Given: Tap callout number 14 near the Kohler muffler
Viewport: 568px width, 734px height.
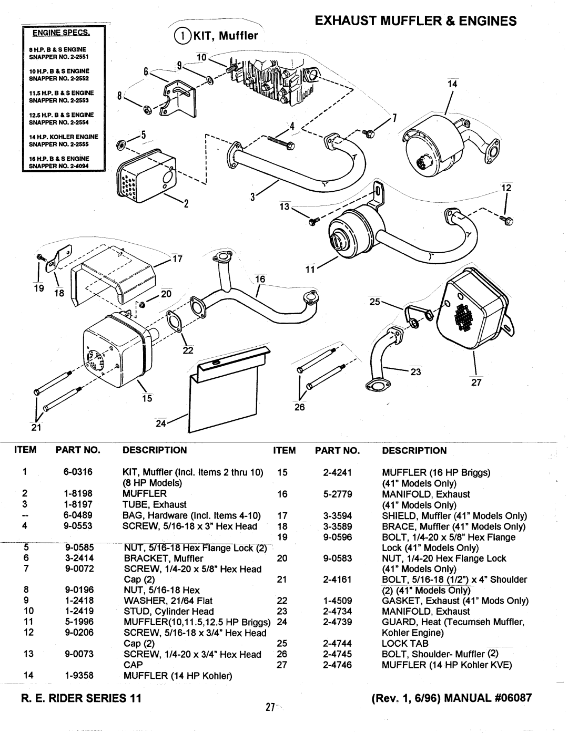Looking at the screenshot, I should click(452, 84).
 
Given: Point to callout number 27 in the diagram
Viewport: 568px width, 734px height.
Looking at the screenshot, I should click(476, 384).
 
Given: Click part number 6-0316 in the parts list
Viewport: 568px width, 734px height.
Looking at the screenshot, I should click(79, 472).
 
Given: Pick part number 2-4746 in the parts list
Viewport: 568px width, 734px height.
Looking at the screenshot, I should click(338, 665).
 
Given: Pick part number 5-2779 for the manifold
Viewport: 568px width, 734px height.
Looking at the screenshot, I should click(338, 494).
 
